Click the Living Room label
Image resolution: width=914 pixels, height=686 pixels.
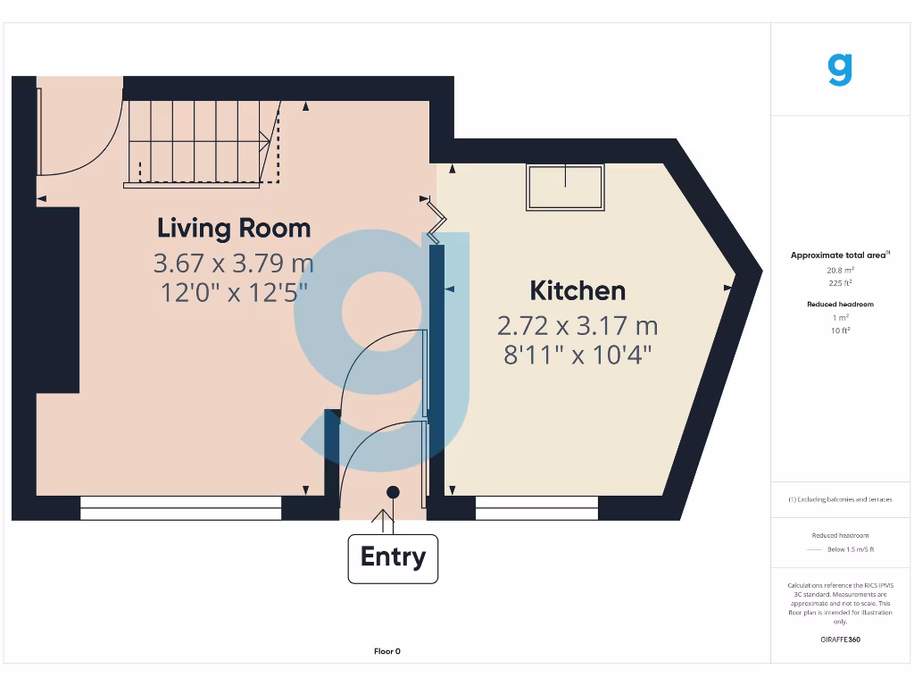point(234,229)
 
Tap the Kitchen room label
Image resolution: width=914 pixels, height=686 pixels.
point(577,290)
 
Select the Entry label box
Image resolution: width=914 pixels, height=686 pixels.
point(393,557)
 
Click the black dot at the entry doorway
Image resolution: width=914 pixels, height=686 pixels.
point(393,492)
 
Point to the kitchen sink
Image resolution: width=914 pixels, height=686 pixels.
point(565,188)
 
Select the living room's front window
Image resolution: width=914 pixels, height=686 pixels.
point(181,507)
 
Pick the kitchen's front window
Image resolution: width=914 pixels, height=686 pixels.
point(536,507)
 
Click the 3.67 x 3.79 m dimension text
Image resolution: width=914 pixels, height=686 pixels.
point(234,264)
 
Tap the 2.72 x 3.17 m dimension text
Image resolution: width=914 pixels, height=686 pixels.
point(577,325)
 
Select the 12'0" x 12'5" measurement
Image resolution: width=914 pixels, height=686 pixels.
point(234,292)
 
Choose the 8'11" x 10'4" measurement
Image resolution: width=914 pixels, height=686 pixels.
point(577,355)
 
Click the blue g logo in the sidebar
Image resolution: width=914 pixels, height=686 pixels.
point(840,70)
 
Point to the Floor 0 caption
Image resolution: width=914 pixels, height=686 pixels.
point(386,651)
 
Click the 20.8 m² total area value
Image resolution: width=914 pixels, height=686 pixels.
point(840,269)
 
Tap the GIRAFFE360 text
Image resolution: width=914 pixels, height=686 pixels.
point(840,640)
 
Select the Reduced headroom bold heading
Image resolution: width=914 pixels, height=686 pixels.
point(840,305)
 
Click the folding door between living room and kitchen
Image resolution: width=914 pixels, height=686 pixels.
point(434,221)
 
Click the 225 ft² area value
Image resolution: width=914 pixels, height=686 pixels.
point(840,282)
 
